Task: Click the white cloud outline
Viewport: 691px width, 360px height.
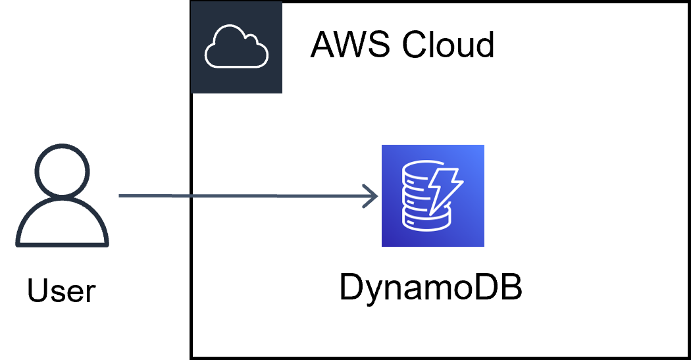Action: [x=236, y=47]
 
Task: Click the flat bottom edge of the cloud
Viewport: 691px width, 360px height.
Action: [x=236, y=66]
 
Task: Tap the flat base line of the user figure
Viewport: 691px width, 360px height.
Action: [x=62, y=245]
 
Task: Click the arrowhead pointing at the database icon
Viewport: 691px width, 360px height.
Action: [x=372, y=196]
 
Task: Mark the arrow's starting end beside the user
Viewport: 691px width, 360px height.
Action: [x=121, y=195]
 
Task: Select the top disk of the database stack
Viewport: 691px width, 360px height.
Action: [x=419, y=172]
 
